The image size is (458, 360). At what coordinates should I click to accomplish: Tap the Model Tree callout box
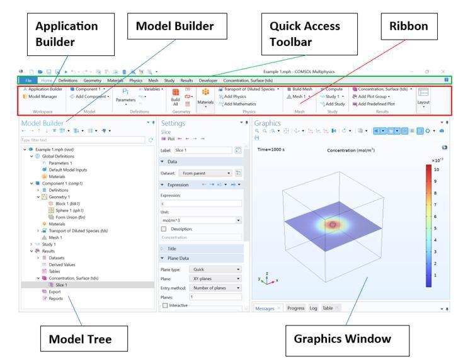[x=81, y=339]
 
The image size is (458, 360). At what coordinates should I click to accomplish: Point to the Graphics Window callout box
[x=343, y=339]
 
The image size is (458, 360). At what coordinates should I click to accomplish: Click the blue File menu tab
[x=28, y=81]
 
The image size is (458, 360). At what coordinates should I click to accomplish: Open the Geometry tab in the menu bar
[x=92, y=81]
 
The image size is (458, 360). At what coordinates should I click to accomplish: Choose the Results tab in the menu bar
[x=186, y=81]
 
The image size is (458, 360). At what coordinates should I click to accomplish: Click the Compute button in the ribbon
[x=333, y=89]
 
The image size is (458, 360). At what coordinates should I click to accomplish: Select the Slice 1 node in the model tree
[x=60, y=284]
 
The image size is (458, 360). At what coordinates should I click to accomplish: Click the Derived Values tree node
[x=62, y=264]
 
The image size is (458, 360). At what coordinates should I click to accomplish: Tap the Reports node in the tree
[x=57, y=298]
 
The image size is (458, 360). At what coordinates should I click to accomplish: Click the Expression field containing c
[x=200, y=203]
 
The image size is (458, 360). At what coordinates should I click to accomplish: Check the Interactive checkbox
[x=165, y=305]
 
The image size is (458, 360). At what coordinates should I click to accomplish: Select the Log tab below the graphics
[x=313, y=308]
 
